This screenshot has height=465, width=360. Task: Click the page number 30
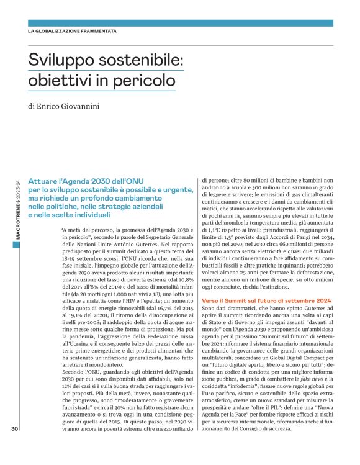14,445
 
